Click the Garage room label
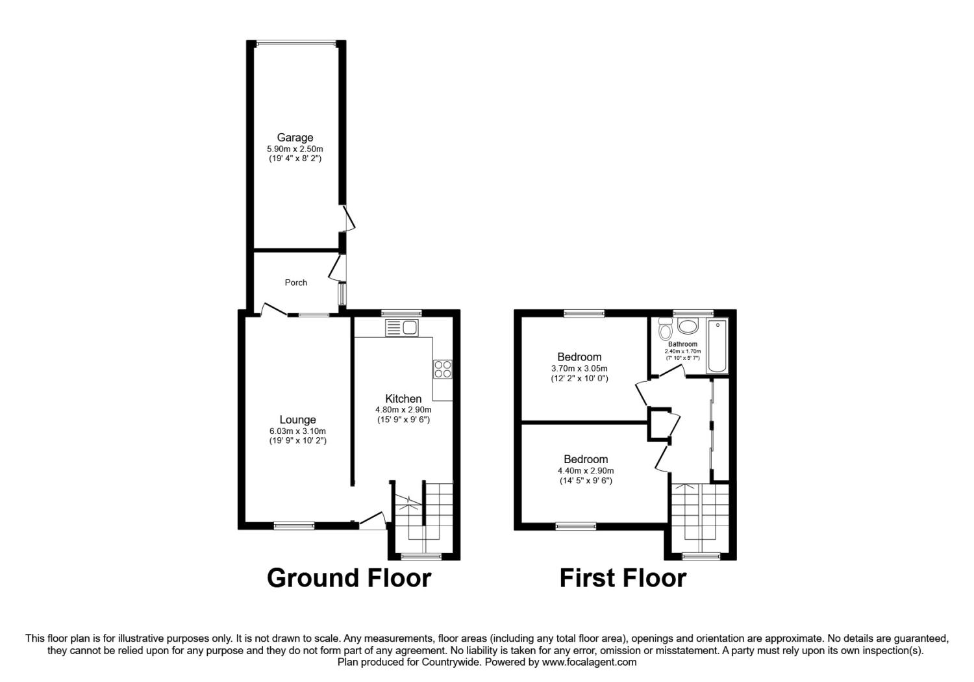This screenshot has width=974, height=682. pos(295,138)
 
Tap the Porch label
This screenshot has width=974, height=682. pos(295,283)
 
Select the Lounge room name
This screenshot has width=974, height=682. pos(297,420)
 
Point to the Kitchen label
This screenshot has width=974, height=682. pos(403,398)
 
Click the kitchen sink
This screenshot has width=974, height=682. pos(402,327)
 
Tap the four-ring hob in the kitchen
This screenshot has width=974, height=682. pos(443,369)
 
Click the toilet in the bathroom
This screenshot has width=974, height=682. pos(665,329)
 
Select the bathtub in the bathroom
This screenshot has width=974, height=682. pos(718,346)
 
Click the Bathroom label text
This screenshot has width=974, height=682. pos(682,344)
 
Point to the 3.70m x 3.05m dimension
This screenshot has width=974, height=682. pos(579,368)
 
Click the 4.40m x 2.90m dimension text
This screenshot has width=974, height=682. pos(586,471)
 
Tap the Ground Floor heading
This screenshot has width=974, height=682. pos(349,578)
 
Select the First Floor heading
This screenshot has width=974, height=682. pos(623,578)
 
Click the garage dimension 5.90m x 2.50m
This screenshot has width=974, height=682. pos(295,149)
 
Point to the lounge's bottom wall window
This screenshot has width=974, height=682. pos(294,526)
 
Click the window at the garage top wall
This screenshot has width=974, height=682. pos(296,44)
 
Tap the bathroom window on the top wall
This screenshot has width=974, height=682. pos(693,312)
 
